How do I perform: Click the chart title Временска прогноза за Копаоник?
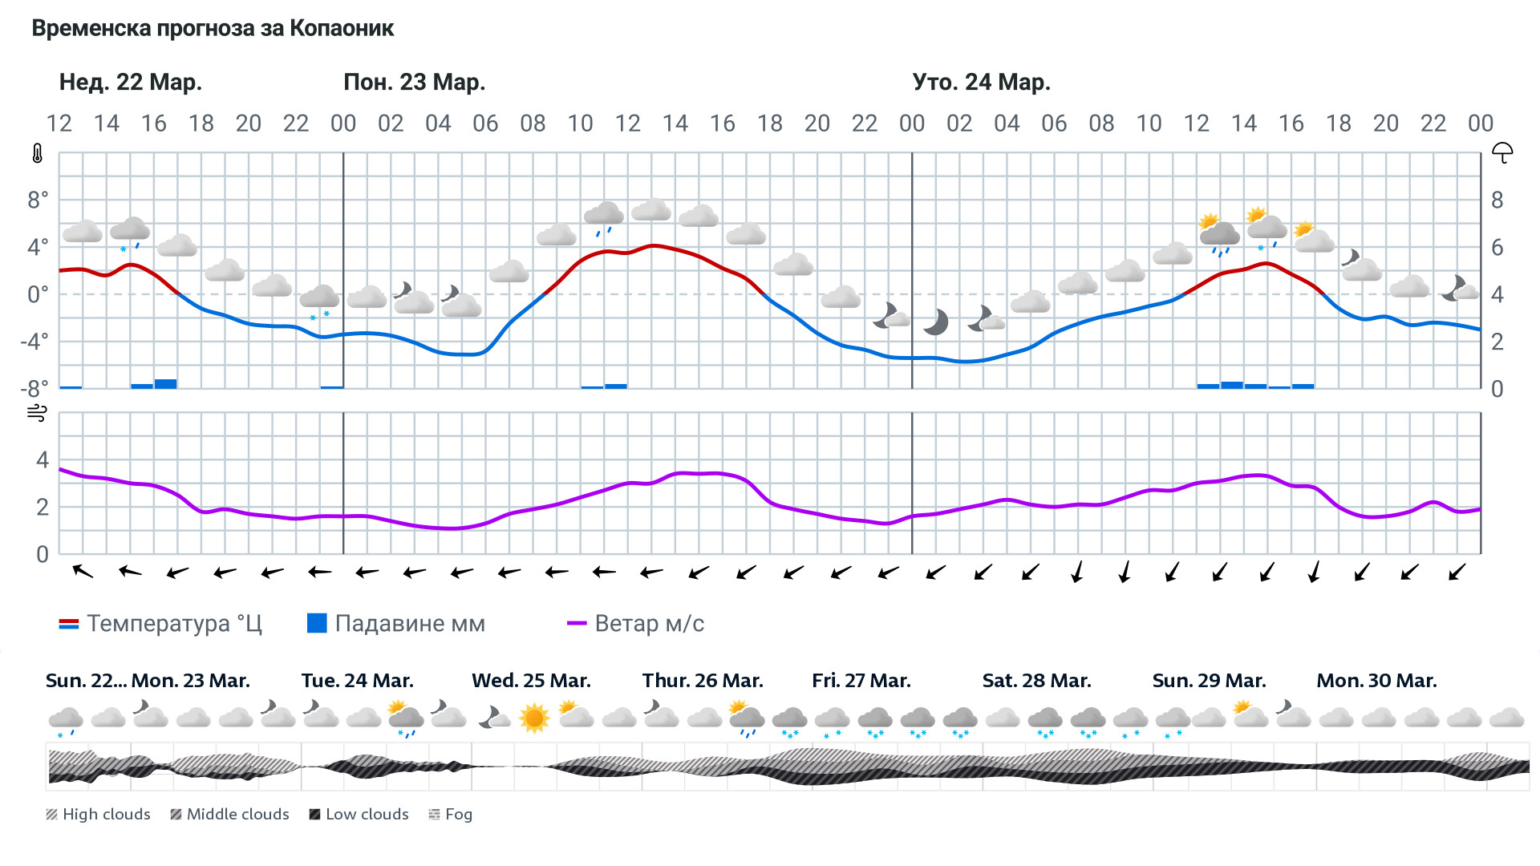(x=213, y=29)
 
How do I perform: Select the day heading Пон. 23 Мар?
(x=414, y=83)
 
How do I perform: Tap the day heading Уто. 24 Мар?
(x=981, y=83)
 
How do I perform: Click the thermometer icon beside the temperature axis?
(x=38, y=154)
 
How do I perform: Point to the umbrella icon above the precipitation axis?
(x=1501, y=152)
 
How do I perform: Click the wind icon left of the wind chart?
(x=38, y=414)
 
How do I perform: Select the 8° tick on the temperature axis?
(x=38, y=200)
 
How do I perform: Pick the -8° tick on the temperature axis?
(x=34, y=389)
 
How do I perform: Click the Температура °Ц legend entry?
(x=160, y=624)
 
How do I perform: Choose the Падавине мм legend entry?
(x=396, y=624)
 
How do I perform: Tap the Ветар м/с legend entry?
(x=635, y=624)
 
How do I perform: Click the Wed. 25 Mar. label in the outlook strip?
(x=531, y=681)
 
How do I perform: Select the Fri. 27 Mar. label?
(x=861, y=681)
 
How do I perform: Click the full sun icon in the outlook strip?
(x=534, y=718)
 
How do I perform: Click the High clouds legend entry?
(x=98, y=815)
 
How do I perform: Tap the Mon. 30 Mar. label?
(x=1376, y=681)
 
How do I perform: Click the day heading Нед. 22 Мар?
(x=131, y=83)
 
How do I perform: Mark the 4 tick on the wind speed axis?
(x=43, y=460)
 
